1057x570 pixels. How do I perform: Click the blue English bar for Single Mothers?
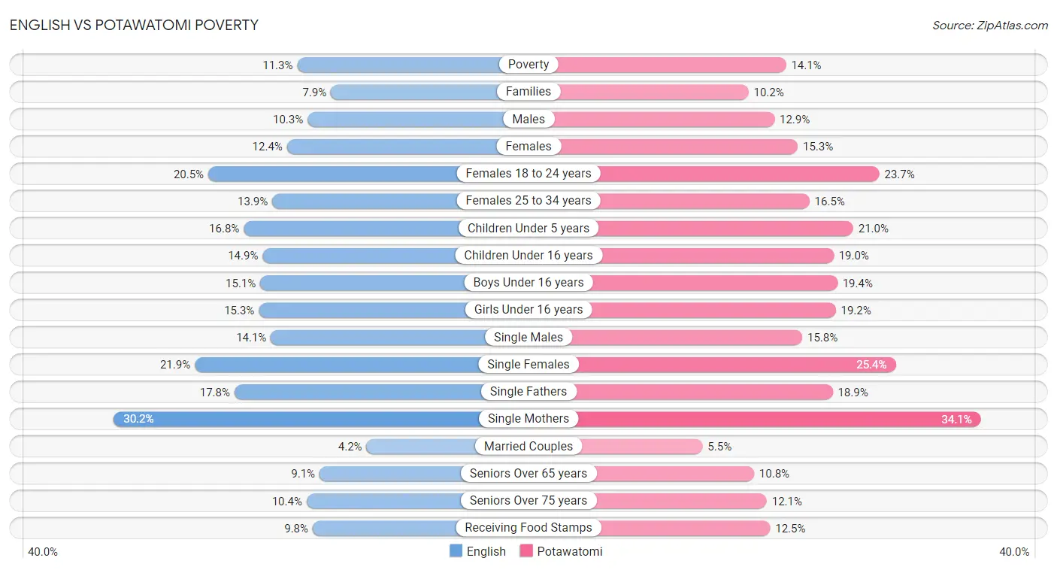(x=301, y=419)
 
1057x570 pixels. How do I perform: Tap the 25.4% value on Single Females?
(x=871, y=365)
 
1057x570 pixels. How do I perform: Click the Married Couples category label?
(x=528, y=446)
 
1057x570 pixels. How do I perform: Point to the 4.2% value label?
(x=350, y=447)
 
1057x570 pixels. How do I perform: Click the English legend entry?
(x=478, y=551)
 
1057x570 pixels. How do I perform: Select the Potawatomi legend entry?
(x=561, y=551)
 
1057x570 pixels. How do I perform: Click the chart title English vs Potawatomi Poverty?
(x=134, y=25)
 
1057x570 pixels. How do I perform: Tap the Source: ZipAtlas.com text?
(x=989, y=26)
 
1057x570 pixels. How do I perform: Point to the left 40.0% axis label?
(x=43, y=552)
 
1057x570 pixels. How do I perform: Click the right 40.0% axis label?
(x=1014, y=552)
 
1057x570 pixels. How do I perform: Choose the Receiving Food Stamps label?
(x=528, y=528)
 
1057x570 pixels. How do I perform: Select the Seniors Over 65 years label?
(x=528, y=474)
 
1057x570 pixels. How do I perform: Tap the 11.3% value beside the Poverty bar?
(x=277, y=65)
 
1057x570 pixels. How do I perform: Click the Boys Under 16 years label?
(x=528, y=283)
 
